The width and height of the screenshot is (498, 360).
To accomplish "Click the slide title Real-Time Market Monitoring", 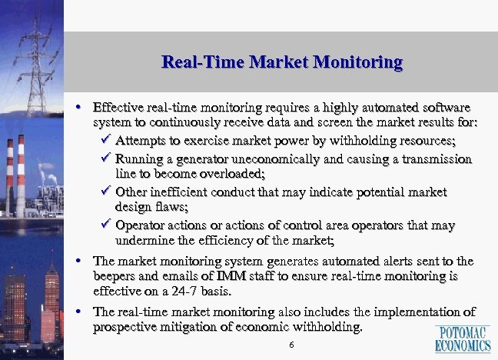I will pyautogui.click(x=282, y=62).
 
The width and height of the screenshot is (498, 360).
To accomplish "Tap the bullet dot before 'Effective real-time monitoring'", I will pyautogui.click(x=81, y=105).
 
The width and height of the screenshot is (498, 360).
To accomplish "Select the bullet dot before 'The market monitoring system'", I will pyautogui.click(x=81, y=262).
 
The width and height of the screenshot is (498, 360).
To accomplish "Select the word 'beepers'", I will pyautogui.click(x=115, y=277).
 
